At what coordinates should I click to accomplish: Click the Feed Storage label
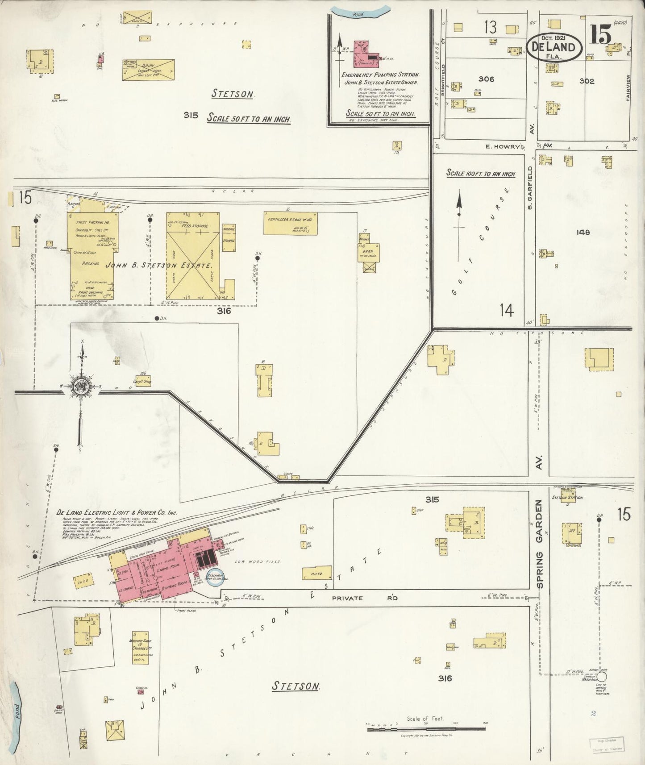point(193,227)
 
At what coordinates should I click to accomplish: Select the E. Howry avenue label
point(503,146)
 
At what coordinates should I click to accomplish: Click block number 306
point(486,79)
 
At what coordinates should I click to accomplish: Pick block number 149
point(583,233)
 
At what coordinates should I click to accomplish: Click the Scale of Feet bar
point(426,728)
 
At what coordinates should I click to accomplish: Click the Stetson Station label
point(567,498)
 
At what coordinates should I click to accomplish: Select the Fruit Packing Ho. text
point(92,222)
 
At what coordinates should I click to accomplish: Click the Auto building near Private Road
point(317,573)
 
